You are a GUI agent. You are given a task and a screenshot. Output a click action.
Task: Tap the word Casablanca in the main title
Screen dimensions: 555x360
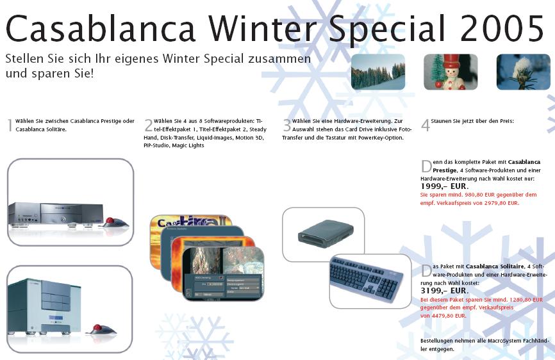click(x=101, y=28)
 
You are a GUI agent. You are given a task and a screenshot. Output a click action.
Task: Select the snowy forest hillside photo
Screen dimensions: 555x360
click(x=378, y=72)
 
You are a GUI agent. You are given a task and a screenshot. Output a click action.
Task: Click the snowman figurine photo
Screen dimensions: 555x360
click(x=451, y=72)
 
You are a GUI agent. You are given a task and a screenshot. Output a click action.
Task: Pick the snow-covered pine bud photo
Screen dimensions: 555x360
click(x=524, y=72)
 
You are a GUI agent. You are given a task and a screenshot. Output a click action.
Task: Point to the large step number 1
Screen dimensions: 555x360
click(x=10, y=125)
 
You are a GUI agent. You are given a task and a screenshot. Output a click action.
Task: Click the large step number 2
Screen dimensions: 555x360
click(x=148, y=125)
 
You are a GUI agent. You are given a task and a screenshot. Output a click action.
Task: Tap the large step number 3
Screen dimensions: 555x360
click(x=286, y=125)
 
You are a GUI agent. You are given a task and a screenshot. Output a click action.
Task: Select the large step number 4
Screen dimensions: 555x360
click(x=426, y=125)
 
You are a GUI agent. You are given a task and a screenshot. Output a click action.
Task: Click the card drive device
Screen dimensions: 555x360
click(x=326, y=233)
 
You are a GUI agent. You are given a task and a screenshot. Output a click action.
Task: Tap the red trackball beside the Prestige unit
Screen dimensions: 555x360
click(x=115, y=223)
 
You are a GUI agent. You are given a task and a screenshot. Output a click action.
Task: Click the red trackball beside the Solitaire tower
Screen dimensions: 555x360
click(x=101, y=330)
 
